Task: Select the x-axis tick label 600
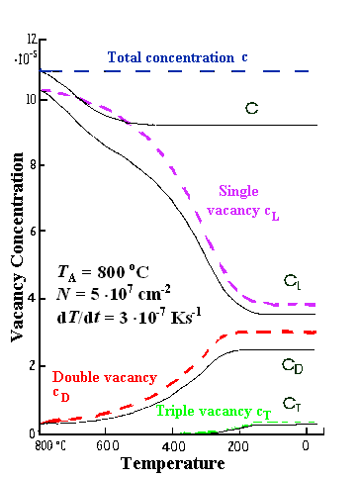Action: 125,446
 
